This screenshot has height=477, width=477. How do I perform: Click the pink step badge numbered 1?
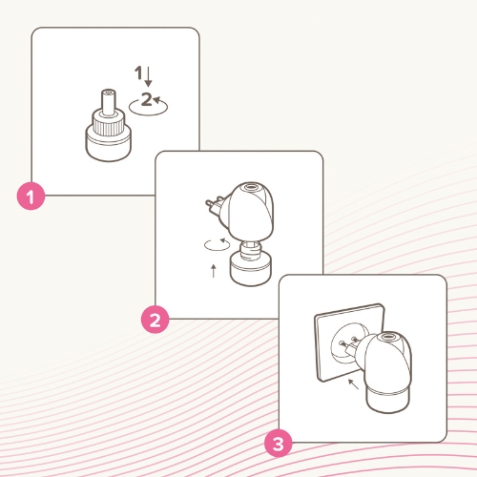pos(31,197)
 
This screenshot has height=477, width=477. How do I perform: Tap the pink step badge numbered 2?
pos(155,320)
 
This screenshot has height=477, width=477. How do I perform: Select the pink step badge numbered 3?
pos(279,444)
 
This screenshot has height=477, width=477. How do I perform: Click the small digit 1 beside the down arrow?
pos(138,73)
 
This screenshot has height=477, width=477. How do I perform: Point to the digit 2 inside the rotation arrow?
pos(146,99)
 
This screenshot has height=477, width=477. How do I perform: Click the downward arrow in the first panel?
pos(148,76)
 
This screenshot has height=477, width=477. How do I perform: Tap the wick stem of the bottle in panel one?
pos(109,101)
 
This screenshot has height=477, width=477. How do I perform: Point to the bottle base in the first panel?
pos(108,145)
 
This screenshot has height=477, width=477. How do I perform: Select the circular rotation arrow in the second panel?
pos(218,245)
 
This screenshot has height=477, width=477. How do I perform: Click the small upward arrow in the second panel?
pos(214,271)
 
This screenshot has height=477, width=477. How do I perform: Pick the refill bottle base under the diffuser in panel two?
pos(251,269)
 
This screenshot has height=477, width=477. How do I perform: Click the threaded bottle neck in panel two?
pos(250,249)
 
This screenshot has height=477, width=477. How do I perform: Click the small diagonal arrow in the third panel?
pos(353,384)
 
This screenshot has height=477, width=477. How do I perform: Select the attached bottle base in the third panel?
pos(387,400)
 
